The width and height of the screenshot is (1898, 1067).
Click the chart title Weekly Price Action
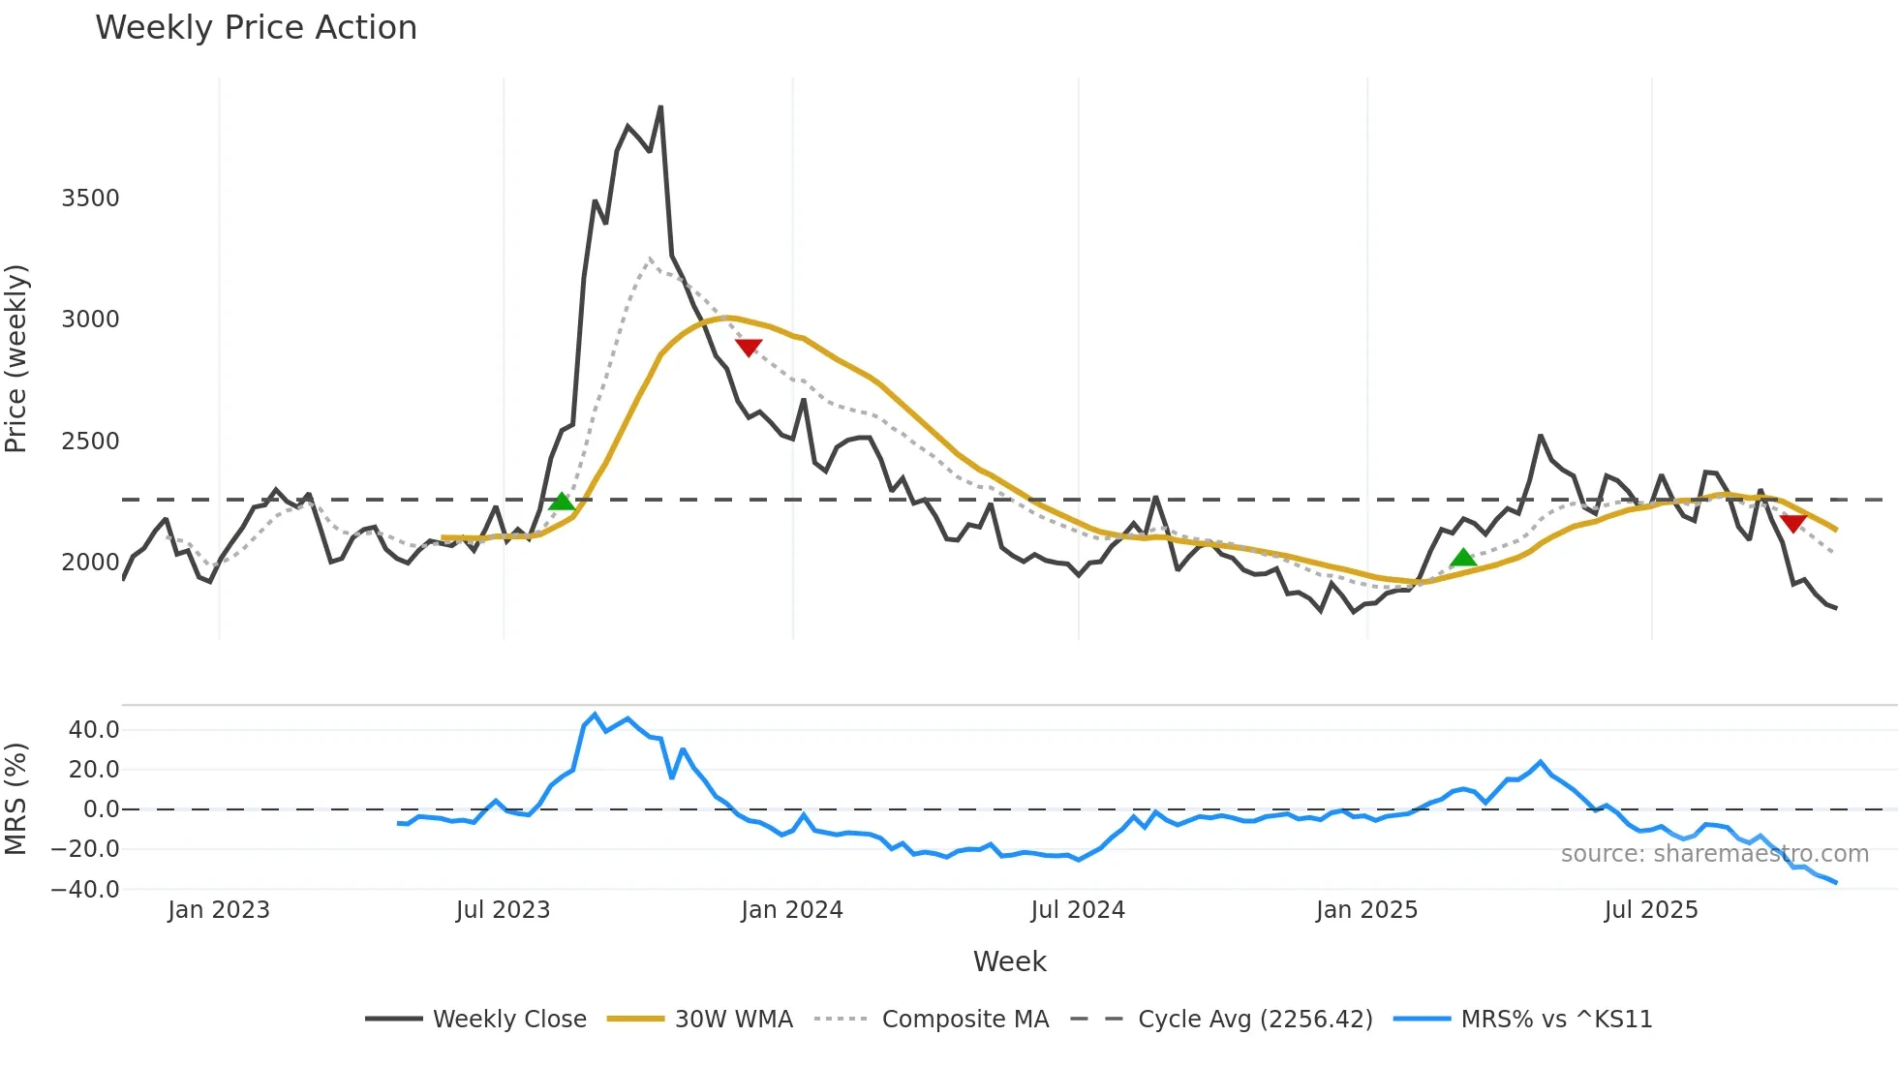pyautogui.click(x=256, y=28)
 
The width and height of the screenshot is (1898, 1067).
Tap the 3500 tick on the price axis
pyautogui.click(x=90, y=198)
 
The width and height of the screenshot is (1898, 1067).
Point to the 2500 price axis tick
pyautogui.click(x=90, y=442)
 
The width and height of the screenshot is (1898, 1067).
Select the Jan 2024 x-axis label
pyautogui.click(x=791, y=910)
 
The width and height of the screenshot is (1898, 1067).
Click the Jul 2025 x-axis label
pyautogui.click(x=1650, y=910)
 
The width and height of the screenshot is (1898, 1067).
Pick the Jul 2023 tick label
pyautogui.click(x=503, y=910)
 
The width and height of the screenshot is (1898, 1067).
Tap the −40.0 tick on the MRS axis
pyautogui.click(x=85, y=889)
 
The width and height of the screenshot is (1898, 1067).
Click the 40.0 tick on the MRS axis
pyautogui.click(x=94, y=730)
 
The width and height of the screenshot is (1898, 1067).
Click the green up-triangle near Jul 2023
pyautogui.click(x=562, y=502)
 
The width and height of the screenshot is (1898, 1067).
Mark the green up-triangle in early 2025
pyautogui.click(x=1463, y=558)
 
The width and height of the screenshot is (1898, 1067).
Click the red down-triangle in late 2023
pyautogui.click(x=749, y=347)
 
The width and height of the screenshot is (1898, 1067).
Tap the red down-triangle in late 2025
pyautogui.click(x=1792, y=523)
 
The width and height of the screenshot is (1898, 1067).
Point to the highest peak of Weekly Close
pyautogui.click(x=660, y=107)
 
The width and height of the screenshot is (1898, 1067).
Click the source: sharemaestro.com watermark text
pyautogui.click(x=1714, y=854)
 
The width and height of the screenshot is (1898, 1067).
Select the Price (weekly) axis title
pyautogui.click(x=16, y=358)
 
